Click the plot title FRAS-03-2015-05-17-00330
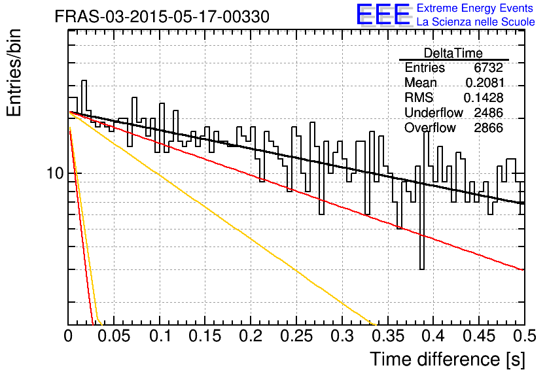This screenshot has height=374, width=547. pos(162,16)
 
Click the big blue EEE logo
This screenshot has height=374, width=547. pos(383,14)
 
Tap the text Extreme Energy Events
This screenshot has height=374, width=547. pos(475,8)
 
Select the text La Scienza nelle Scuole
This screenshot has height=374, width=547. pos(476,22)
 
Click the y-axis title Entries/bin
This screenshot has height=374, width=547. pos(14,73)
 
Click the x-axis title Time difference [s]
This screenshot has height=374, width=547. pos(448,359)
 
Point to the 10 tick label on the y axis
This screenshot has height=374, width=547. pos(56,173)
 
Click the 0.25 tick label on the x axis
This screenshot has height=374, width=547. pos(296,335)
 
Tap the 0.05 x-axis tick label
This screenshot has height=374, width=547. pos(114,335)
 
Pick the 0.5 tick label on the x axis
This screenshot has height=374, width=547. pos(524,335)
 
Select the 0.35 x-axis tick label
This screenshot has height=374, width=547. pos(388,335)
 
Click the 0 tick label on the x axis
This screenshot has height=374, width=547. pos(68,335)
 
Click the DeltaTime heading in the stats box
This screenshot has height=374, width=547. pos(453,53)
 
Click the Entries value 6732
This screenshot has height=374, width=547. pos(488,67)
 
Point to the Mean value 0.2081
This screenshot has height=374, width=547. pos(485,82)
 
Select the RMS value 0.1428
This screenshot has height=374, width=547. pos(484,97)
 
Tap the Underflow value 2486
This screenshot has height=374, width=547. pos(488,112)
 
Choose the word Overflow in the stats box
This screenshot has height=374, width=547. pos(430,128)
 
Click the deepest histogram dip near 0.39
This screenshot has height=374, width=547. pos(422,269)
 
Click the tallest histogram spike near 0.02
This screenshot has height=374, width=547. pos(84,81)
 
